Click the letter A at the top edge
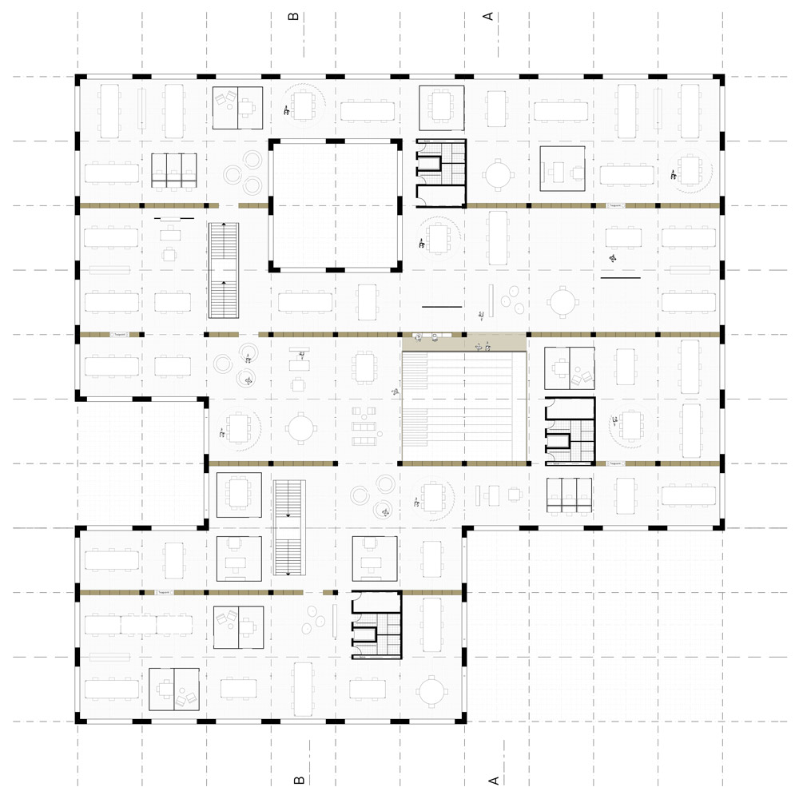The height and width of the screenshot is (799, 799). (x=489, y=16)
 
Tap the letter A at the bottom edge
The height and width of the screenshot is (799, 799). (x=493, y=779)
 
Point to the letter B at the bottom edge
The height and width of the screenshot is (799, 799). (x=298, y=779)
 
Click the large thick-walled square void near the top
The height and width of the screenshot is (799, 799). (x=335, y=205)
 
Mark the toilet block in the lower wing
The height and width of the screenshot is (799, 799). (x=376, y=626)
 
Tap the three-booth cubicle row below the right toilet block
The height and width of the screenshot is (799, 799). (x=570, y=495)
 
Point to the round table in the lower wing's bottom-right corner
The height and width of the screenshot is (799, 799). (x=431, y=690)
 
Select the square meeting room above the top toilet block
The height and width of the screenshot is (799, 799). (x=442, y=106)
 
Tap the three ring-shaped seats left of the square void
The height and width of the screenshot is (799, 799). (x=243, y=172)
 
